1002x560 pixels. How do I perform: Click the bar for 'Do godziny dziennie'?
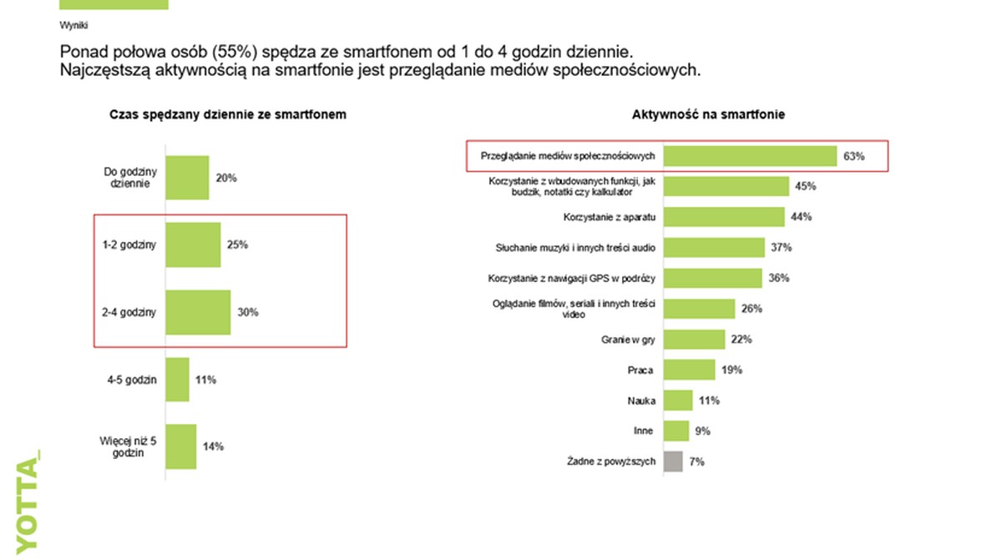[x=187, y=178]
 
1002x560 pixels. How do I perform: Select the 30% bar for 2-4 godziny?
[x=198, y=312]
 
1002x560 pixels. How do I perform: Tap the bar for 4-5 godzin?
[x=178, y=380]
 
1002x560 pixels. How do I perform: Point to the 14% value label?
[x=213, y=446]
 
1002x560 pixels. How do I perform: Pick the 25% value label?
[x=237, y=245]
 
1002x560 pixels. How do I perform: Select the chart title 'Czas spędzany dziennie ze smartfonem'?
[x=227, y=115]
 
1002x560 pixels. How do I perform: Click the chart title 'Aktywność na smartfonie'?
[x=708, y=115]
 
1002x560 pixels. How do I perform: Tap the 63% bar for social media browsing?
[x=750, y=156]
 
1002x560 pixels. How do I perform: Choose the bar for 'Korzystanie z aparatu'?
[x=724, y=217]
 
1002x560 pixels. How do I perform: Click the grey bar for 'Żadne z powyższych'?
[x=673, y=461]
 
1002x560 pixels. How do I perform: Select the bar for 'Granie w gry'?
[x=694, y=339]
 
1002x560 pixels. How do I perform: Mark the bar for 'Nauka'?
[x=678, y=400]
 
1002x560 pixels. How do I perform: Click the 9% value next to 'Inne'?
[x=703, y=431]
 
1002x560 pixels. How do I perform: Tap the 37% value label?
[x=782, y=247]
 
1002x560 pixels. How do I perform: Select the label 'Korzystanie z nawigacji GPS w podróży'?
[x=571, y=278]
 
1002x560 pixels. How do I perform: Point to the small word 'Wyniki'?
[x=74, y=25]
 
